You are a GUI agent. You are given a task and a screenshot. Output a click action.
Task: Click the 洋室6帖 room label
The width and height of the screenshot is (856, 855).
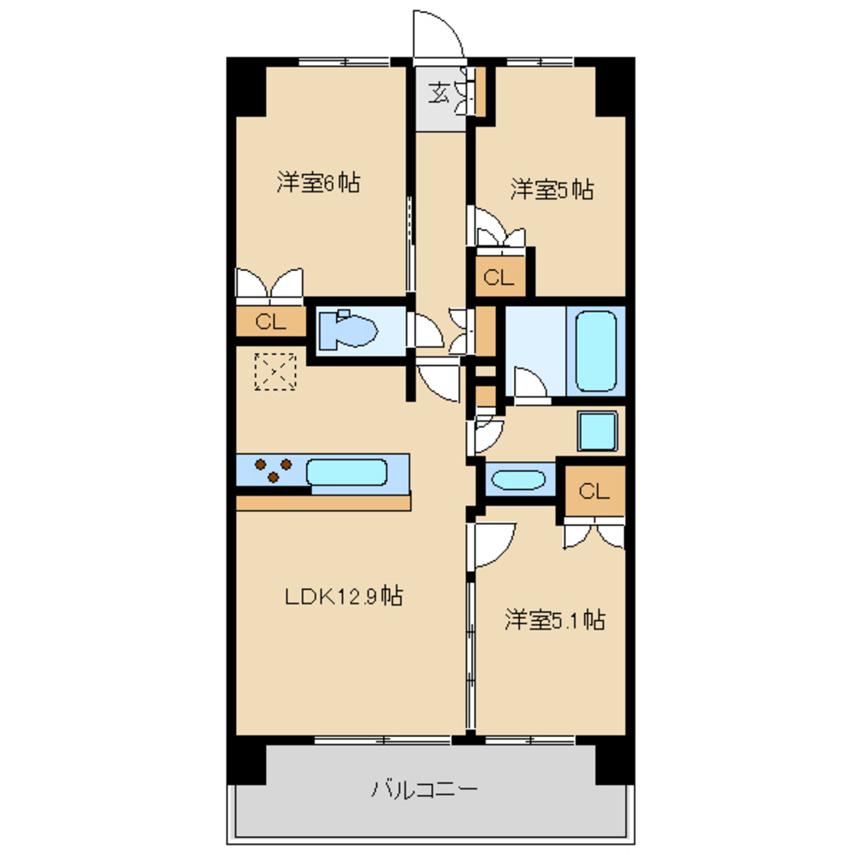(x=318, y=182)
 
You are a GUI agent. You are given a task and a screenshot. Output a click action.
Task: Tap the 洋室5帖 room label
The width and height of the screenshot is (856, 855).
(x=552, y=190)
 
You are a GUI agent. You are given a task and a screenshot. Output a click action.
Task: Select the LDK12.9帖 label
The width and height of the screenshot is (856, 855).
(x=344, y=596)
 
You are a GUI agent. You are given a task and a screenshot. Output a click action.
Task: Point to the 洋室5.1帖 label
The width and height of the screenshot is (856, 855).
(x=555, y=620)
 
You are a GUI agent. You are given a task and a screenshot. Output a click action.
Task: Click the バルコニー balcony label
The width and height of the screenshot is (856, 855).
(x=425, y=789)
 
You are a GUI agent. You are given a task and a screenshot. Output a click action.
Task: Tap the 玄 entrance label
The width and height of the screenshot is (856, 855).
(x=439, y=93)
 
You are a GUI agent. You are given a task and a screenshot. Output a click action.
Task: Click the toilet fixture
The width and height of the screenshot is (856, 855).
(x=348, y=329)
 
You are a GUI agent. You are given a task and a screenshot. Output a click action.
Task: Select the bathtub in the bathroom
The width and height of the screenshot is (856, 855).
(x=595, y=351)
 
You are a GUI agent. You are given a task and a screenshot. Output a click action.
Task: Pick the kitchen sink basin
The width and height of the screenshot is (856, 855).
(x=346, y=472)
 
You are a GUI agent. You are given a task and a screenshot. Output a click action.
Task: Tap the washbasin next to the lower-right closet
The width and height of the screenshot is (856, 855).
(x=518, y=480)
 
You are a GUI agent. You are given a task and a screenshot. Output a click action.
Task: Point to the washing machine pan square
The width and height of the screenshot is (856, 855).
(x=598, y=431)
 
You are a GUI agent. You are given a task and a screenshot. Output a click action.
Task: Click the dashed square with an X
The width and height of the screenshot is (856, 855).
(x=275, y=372)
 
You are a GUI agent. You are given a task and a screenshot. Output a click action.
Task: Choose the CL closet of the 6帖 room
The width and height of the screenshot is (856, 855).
(x=271, y=321)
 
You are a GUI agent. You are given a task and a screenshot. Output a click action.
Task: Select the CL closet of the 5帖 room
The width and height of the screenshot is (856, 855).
(x=499, y=277)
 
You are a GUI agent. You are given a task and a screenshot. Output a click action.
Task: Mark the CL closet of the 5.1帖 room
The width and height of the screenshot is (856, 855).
(x=594, y=491)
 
